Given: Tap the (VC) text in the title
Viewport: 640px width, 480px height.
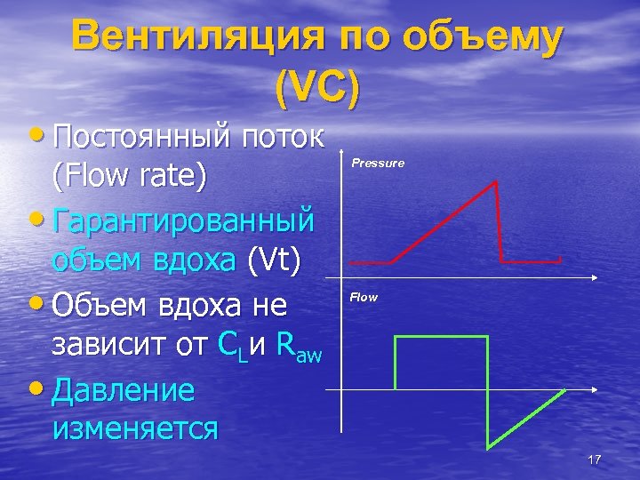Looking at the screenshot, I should tap(317, 86).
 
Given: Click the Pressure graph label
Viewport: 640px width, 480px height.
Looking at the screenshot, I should tap(378, 164).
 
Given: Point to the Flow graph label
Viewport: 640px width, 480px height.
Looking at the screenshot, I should tap(364, 297).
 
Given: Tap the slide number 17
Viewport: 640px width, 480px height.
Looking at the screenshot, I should tap(595, 460).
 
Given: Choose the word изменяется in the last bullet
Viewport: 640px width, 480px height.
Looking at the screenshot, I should tap(135, 428).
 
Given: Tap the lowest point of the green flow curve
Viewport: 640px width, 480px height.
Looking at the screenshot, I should tap(486, 445).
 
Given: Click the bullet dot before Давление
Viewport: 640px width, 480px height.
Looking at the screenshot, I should tap(43, 388).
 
